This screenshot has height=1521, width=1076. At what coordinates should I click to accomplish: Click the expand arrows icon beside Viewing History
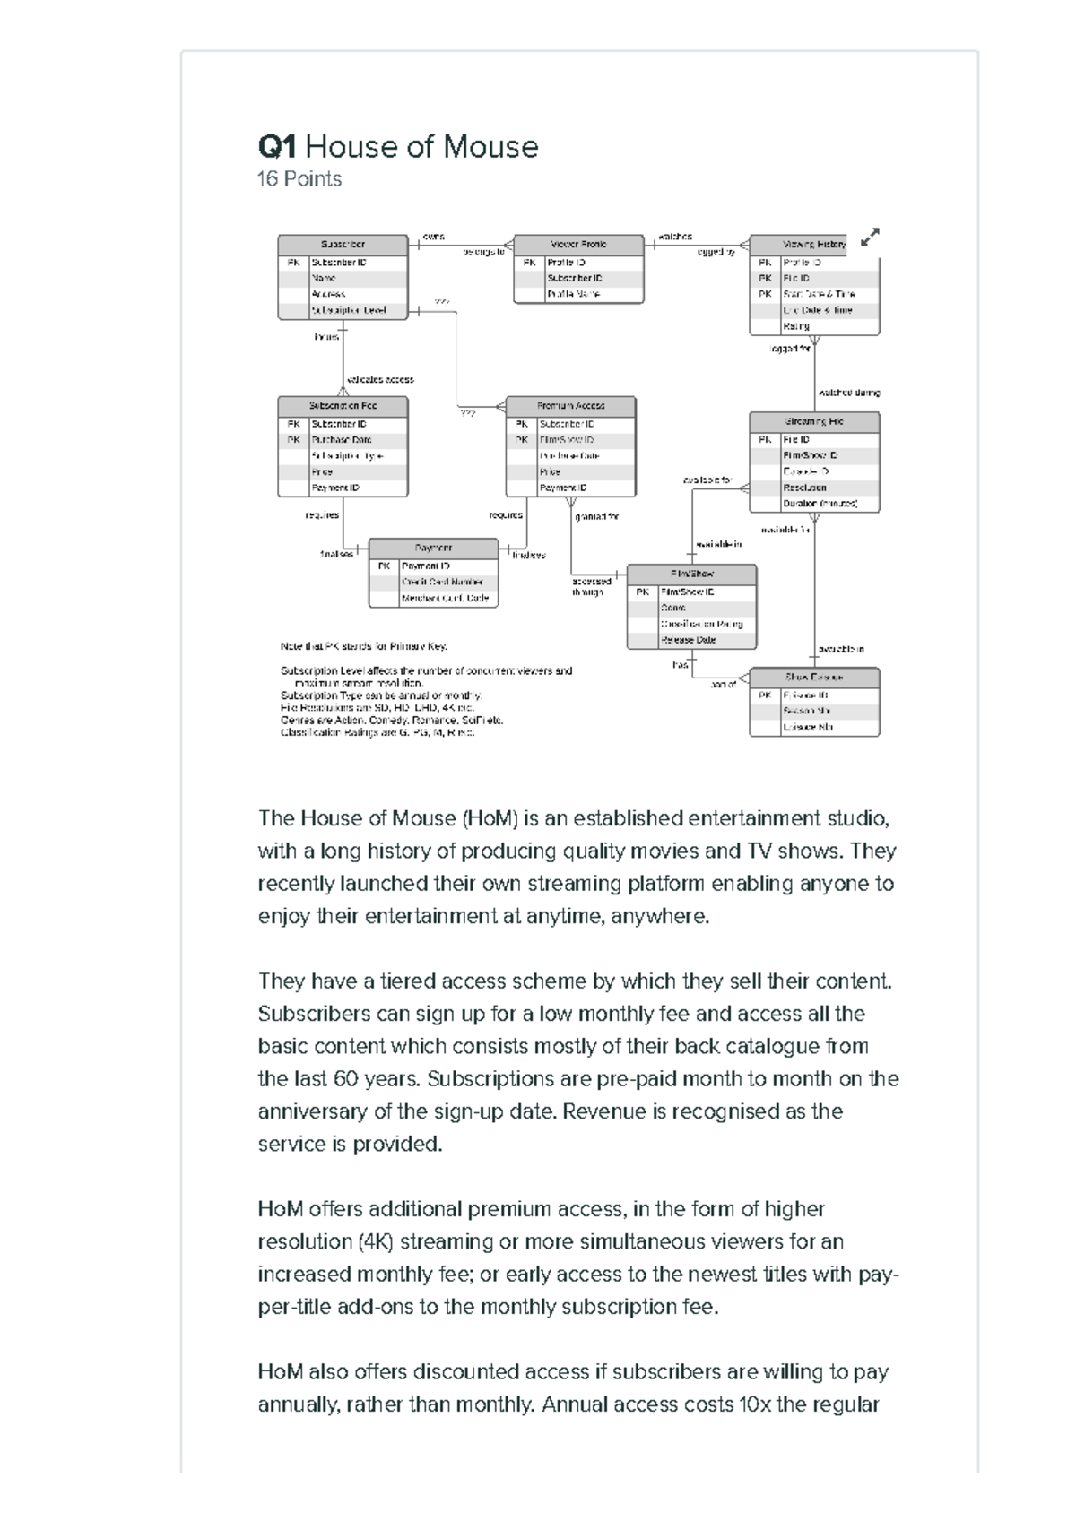870,238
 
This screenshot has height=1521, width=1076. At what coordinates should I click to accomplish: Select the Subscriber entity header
343,245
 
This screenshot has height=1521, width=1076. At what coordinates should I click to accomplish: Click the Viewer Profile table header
578,245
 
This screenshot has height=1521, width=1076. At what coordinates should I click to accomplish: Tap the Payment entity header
433,548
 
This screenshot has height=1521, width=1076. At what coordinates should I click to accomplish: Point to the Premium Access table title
570,406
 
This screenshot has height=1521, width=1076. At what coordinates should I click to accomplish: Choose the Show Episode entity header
814,678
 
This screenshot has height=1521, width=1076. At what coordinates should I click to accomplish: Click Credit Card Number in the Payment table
442,583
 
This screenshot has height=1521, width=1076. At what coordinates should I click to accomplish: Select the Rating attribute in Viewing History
796,327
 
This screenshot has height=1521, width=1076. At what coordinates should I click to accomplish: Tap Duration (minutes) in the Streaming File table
820,504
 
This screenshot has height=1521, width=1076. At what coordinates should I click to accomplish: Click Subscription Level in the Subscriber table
349,310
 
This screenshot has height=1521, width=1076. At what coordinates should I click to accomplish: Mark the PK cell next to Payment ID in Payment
383,566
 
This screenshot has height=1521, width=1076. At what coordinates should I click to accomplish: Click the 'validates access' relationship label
379,379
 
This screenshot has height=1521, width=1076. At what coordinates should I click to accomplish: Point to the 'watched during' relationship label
848,393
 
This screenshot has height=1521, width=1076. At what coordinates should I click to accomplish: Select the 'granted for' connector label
596,517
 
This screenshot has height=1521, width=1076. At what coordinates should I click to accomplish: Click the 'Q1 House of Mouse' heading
398,147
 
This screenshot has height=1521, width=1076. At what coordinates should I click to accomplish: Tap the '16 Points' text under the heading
299,179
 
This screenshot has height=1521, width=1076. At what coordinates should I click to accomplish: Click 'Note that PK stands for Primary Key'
363,646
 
